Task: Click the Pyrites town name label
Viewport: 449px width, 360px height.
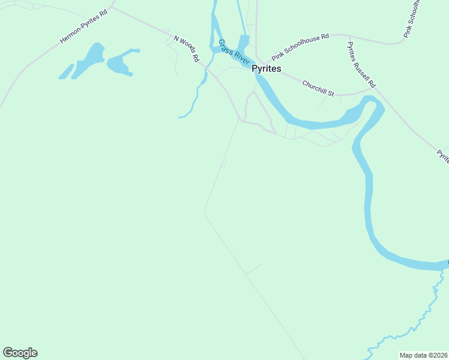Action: point(267,69)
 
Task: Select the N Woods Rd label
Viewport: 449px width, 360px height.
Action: point(186,49)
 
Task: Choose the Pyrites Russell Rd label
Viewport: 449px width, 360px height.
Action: point(361,64)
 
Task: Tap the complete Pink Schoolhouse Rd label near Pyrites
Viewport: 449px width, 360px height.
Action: point(300,47)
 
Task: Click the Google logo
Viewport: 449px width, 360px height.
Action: point(20,353)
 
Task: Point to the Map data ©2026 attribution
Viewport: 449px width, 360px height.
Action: point(423,355)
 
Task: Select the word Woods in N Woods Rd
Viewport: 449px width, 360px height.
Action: point(187,50)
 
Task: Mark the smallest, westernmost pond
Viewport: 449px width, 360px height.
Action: point(66,71)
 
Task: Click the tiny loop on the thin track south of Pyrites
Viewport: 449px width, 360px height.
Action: point(224,163)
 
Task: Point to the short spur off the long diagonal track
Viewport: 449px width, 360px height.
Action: point(253,269)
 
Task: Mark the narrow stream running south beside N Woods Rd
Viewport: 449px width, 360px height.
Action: point(194,99)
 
